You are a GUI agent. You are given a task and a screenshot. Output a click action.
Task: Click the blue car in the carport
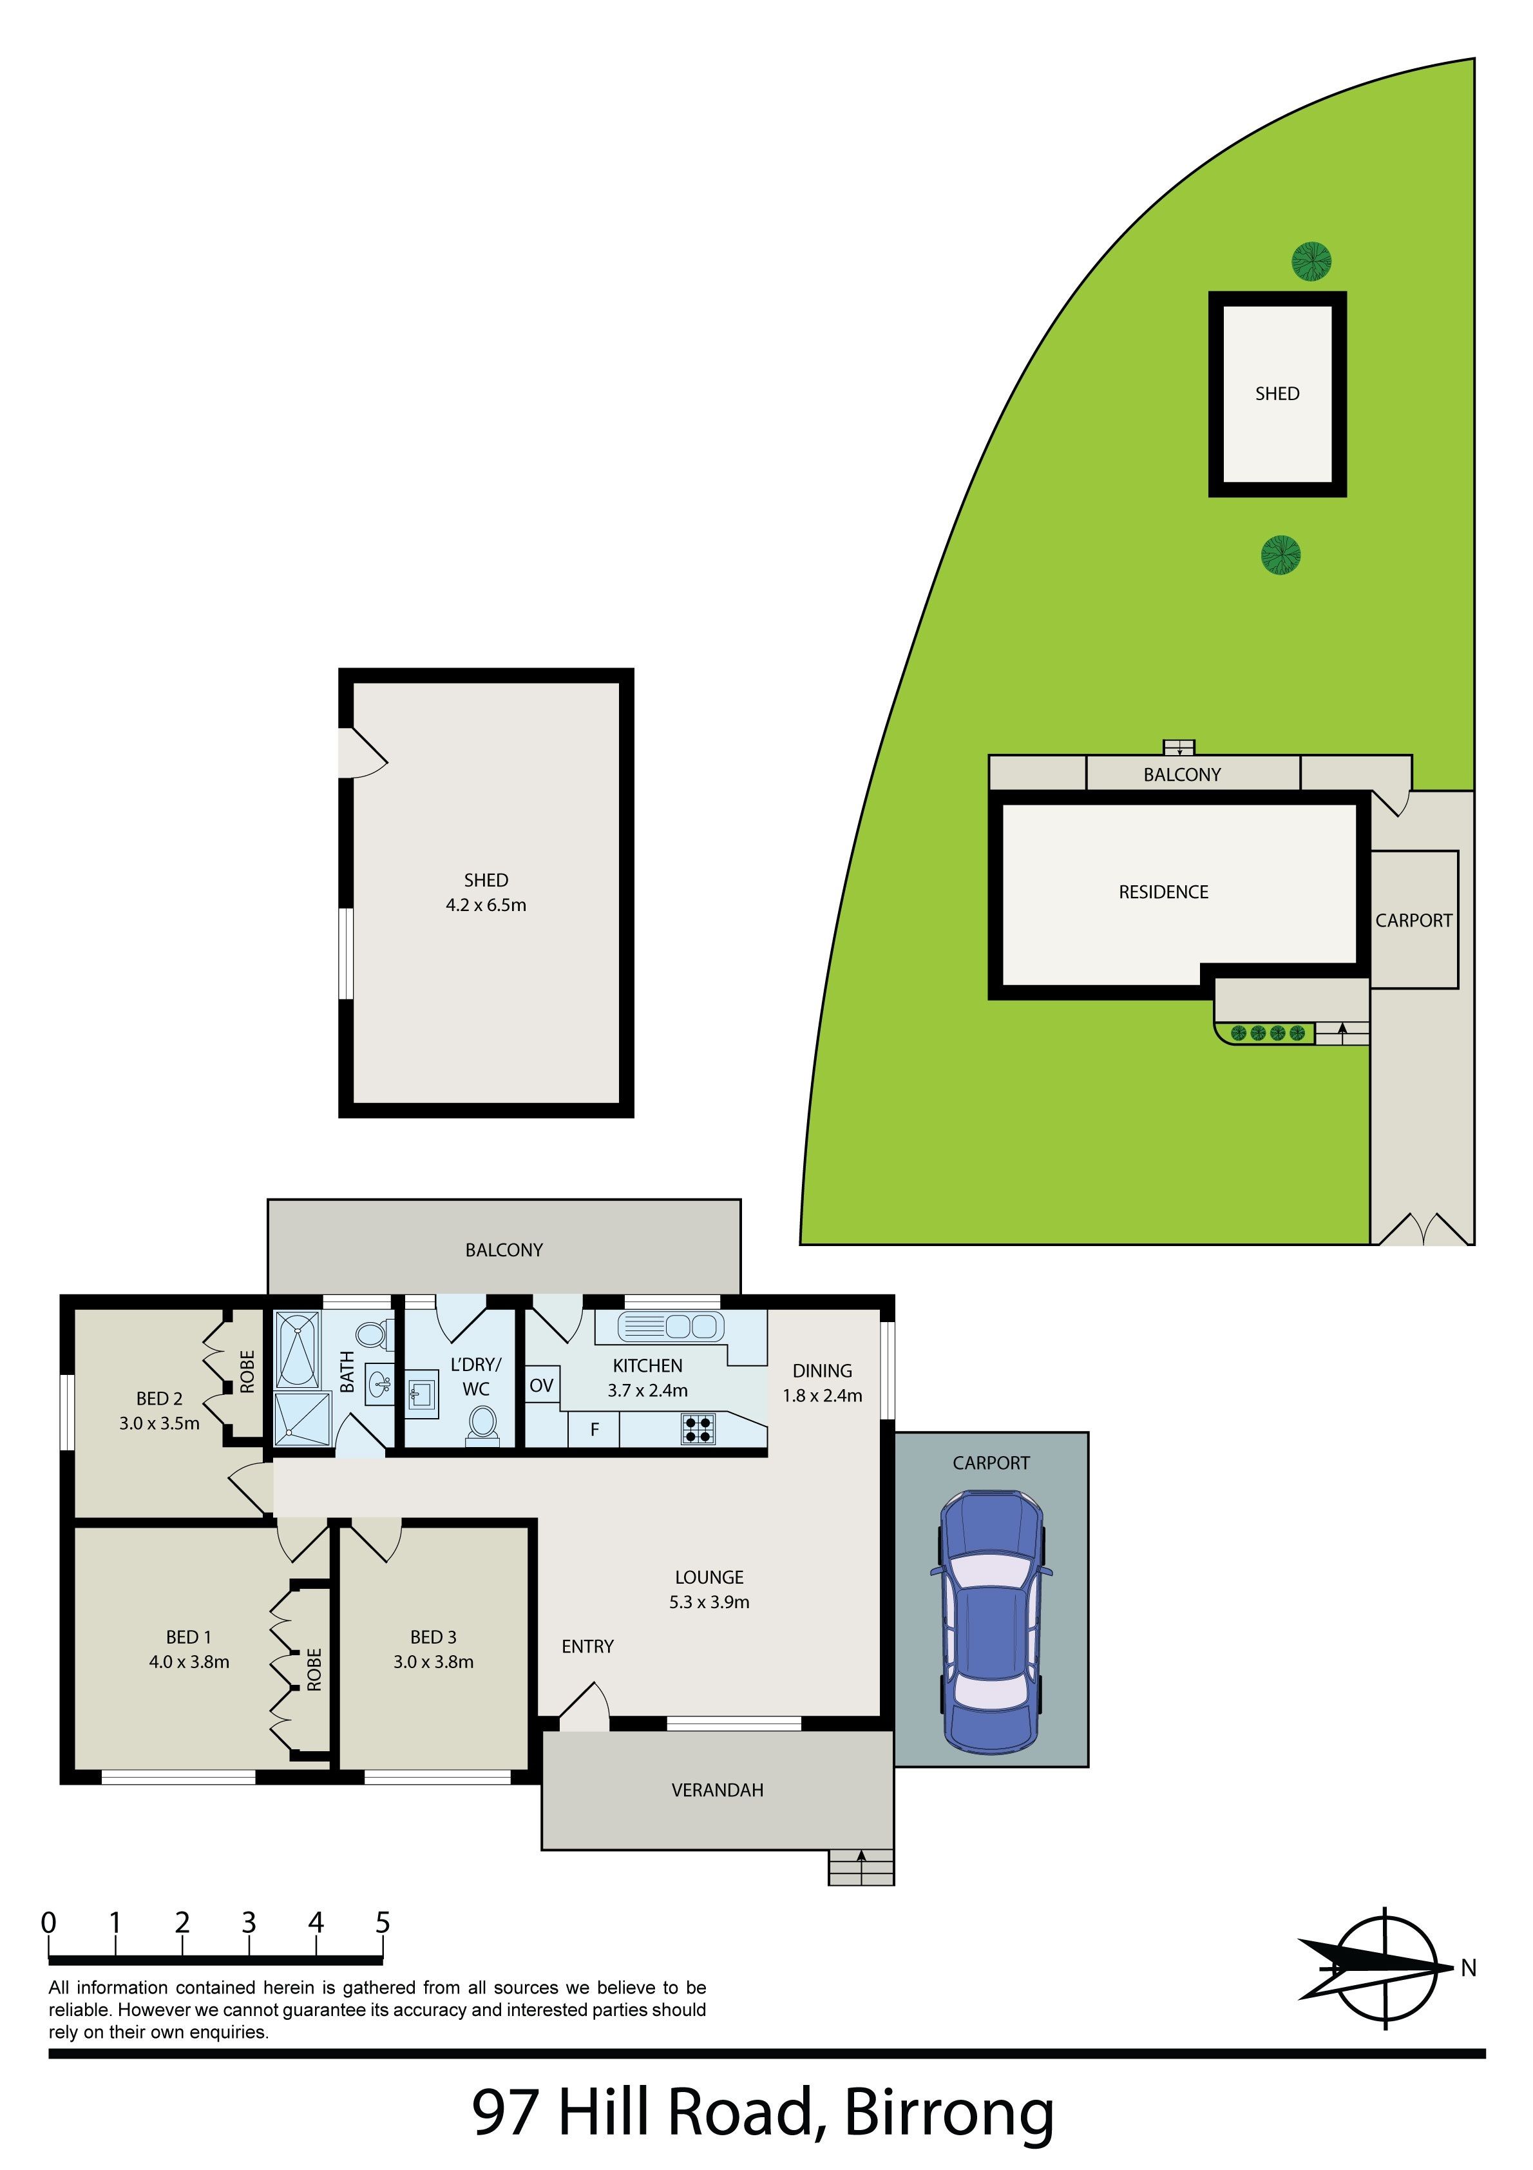pyautogui.click(x=991, y=1622)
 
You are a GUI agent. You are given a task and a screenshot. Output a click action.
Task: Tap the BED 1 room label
pyautogui.click(x=189, y=1649)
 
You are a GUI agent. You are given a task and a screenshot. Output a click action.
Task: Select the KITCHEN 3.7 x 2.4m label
pyautogui.click(x=647, y=1378)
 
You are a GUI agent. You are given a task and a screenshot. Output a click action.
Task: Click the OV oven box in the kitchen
pyautogui.click(x=542, y=1385)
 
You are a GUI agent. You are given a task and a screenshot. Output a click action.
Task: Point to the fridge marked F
pyautogui.click(x=595, y=1429)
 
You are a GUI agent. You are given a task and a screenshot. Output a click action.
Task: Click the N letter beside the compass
pyautogui.click(x=1468, y=1968)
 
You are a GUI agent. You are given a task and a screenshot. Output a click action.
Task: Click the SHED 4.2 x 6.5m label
pyautogui.click(x=486, y=892)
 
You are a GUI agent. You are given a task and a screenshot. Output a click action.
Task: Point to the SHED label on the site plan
pyautogui.click(x=1277, y=393)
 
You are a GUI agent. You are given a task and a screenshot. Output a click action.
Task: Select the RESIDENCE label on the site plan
pyautogui.click(x=1163, y=891)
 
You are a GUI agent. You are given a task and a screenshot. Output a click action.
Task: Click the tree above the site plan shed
pyautogui.click(x=1312, y=262)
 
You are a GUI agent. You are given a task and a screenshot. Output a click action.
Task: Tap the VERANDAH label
pyautogui.click(x=718, y=1789)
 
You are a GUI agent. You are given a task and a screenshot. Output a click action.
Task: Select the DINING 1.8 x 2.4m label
pyautogui.click(x=823, y=1383)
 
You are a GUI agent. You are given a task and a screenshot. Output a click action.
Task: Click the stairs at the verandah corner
pyautogui.click(x=861, y=1867)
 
